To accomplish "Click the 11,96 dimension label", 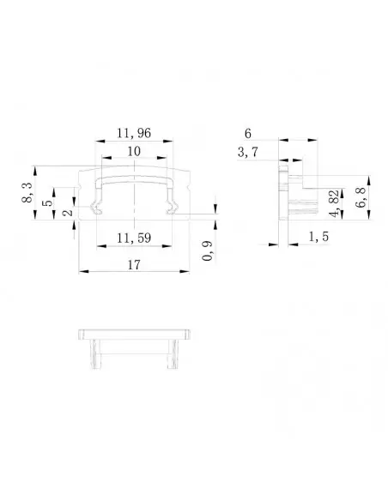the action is [x=134, y=133].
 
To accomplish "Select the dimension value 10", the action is [x=134, y=151].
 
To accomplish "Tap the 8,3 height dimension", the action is [x=27, y=193].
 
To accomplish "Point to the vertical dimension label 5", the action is [x=47, y=203].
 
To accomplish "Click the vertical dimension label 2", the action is [x=68, y=212].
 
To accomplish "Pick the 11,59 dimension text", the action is [x=134, y=238].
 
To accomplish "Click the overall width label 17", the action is [x=134, y=265].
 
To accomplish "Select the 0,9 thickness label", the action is [x=208, y=250].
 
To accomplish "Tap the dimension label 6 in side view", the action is [x=248, y=134].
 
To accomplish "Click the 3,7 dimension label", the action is [x=248, y=153].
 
